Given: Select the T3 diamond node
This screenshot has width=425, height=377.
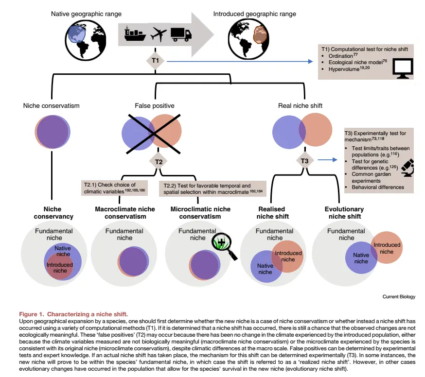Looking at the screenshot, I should coord(304,161).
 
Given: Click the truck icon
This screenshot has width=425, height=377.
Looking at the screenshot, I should coord(181,34).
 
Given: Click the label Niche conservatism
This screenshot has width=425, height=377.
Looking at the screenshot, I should coord(52,105).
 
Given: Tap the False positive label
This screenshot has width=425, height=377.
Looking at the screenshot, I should coord(154,105).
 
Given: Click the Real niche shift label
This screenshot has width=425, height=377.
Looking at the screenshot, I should coord(300,105).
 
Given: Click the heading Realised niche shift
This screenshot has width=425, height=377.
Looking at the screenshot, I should coord(274,213).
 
